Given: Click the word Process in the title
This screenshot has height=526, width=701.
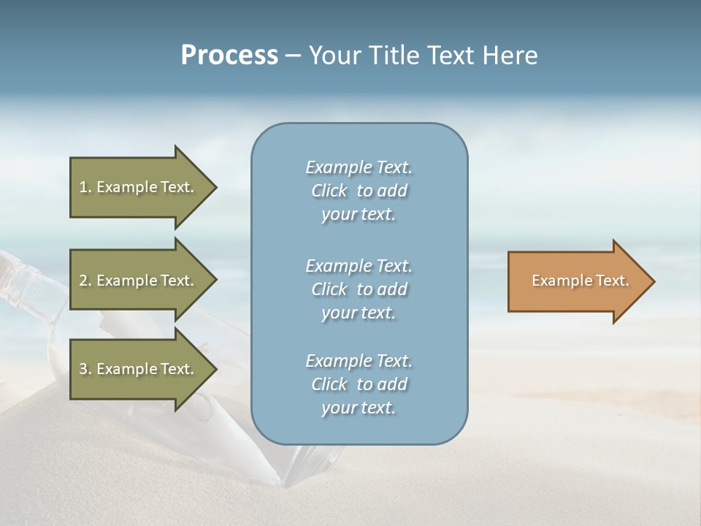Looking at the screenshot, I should (229, 56).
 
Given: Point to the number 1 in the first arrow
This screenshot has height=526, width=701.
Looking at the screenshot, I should (83, 187).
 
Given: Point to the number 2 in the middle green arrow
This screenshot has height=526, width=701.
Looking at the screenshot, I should (83, 281).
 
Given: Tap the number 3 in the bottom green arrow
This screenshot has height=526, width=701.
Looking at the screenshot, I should (83, 369).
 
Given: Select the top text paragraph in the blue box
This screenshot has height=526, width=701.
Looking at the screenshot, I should (359, 191).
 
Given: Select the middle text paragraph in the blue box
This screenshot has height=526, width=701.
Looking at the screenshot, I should (359, 289).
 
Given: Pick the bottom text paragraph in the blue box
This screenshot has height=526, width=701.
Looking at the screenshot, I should (359, 384).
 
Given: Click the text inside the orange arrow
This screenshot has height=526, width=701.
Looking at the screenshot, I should (580, 281).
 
